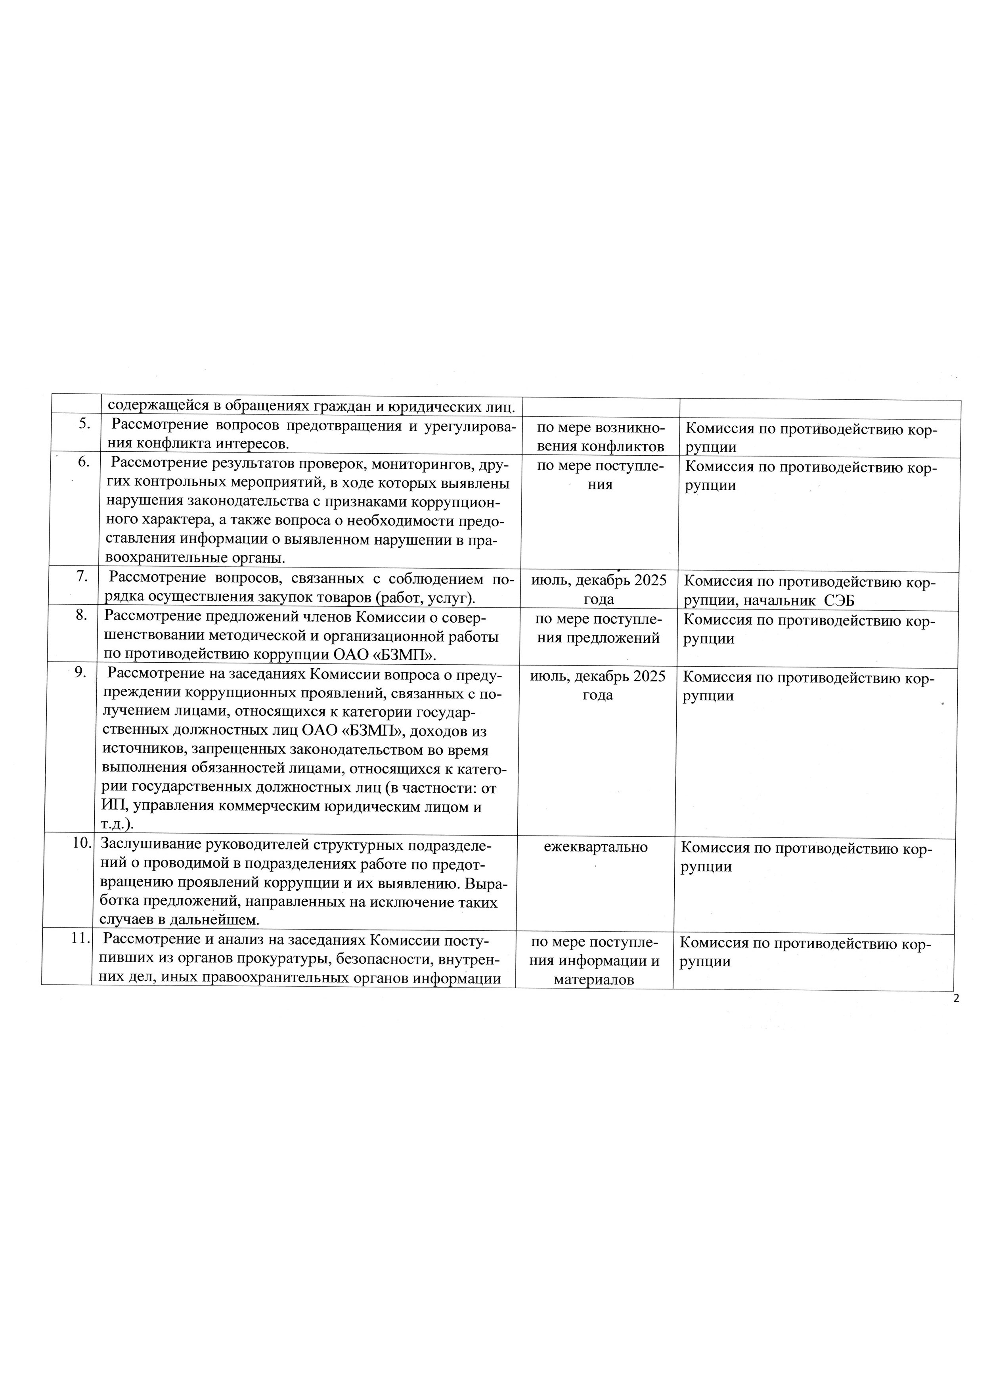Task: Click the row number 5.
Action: click(x=85, y=424)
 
